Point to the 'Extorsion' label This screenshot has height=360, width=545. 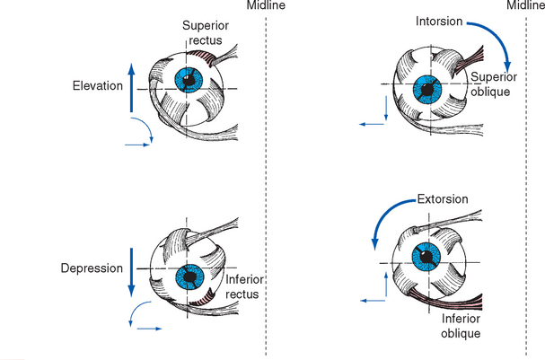(x=443, y=198)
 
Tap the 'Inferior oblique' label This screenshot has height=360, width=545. (x=462, y=325)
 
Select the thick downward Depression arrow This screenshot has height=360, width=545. (x=131, y=270)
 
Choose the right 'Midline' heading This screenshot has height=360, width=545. (x=525, y=8)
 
